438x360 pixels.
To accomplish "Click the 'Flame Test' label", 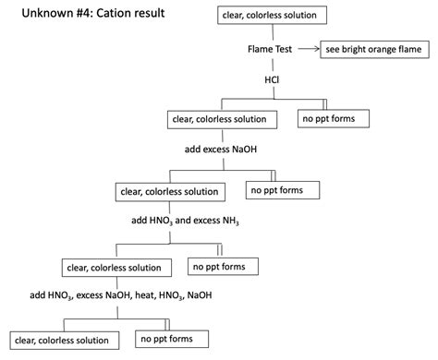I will pyautogui.click(x=271, y=50).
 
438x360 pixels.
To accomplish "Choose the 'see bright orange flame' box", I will pyautogui.click(x=374, y=50).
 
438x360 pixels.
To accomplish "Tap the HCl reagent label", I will pyautogui.click(x=272, y=80).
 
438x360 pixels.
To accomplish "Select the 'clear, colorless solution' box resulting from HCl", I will pyautogui.click(x=219, y=119).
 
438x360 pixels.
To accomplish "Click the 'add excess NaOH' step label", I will pyautogui.click(x=220, y=148).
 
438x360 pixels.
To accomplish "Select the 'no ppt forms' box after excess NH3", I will pyautogui.click(x=222, y=267).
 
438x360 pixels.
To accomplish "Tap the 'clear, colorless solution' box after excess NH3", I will pyautogui.click(x=115, y=268).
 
